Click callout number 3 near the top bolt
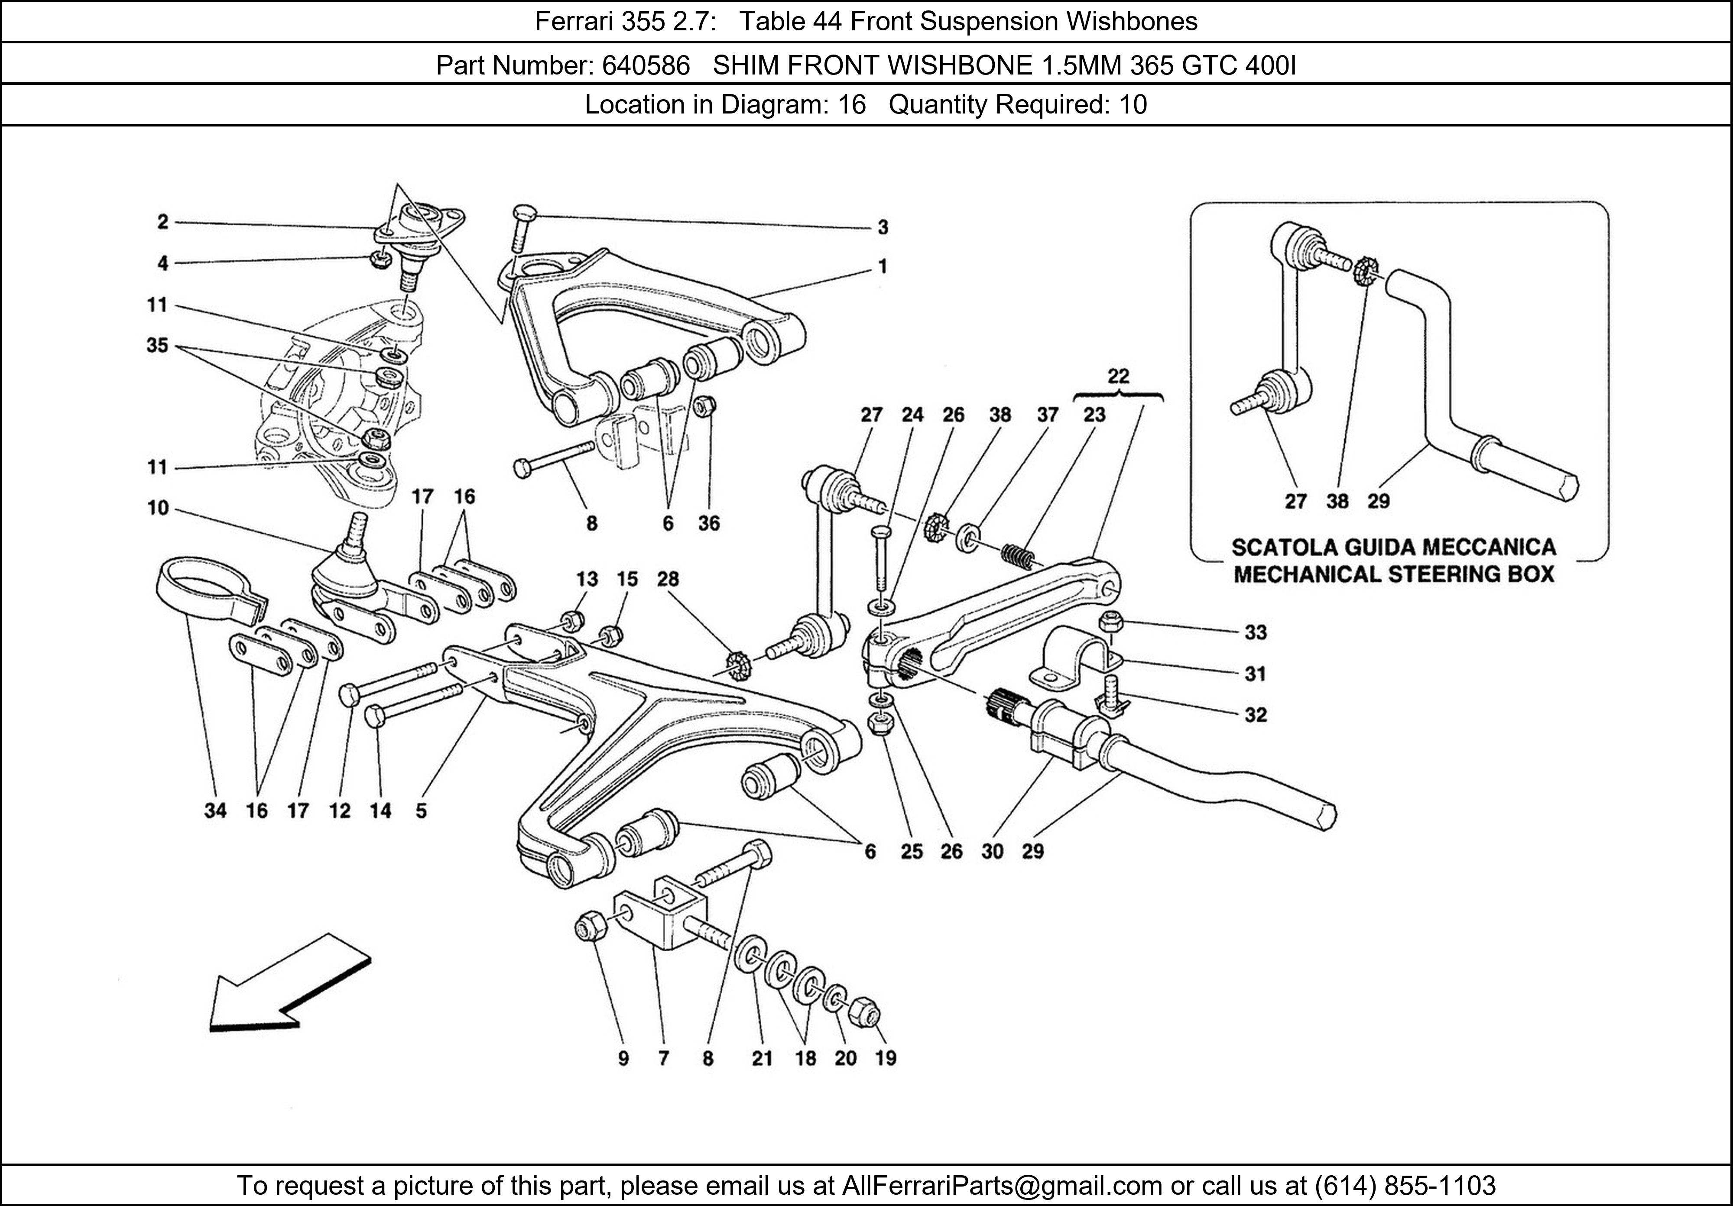click(883, 227)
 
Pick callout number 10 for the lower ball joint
click(158, 508)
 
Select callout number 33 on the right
click(1255, 632)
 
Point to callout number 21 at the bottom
click(762, 1059)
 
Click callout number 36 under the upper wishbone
click(709, 523)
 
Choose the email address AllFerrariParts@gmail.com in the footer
click(1002, 1186)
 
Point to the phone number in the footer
click(1405, 1186)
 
